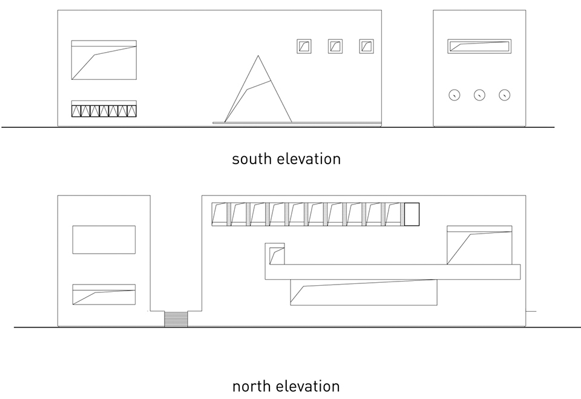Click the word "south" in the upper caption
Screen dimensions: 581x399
pos(252,159)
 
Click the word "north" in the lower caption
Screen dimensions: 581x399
pos(252,386)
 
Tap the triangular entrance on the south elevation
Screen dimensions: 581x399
pos(258,89)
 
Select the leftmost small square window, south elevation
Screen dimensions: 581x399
pos(304,47)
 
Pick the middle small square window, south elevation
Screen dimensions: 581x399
pos(335,47)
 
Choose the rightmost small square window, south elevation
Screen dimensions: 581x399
pos(367,47)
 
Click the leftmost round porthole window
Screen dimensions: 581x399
pos(455,95)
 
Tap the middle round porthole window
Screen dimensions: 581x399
pos(479,95)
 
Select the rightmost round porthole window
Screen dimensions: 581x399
pos(504,95)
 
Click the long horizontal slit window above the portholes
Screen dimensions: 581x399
pos(479,47)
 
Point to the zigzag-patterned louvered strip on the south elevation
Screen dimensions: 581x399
pos(104,111)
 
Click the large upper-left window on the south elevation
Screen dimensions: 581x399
pos(104,60)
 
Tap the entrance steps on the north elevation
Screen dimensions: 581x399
pos(176,319)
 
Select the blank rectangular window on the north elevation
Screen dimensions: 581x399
pos(104,240)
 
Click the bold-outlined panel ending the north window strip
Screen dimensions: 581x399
pos(412,214)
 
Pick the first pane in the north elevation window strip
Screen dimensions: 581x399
pos(219,214)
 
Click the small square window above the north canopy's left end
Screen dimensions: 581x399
pos(275,254)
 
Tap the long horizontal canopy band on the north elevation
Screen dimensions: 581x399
pos(393,272)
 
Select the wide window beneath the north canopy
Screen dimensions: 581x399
pos(364,292)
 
